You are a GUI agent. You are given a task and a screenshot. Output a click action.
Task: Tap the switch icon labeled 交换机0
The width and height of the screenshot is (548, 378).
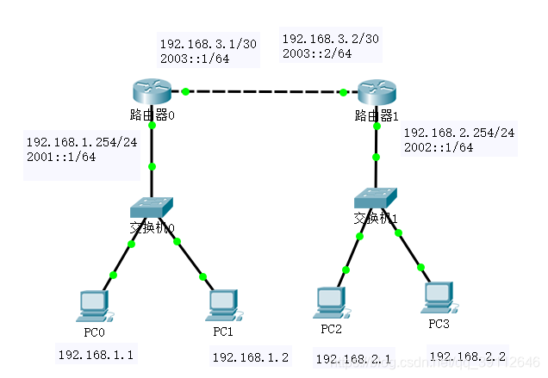coord(152,207)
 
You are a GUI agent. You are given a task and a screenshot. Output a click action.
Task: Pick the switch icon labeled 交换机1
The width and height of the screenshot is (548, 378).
coord(376,196)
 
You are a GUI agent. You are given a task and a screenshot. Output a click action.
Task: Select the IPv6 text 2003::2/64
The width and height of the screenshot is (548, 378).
coord(317,53)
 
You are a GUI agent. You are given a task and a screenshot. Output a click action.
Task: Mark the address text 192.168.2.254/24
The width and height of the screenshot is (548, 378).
coord(458,133)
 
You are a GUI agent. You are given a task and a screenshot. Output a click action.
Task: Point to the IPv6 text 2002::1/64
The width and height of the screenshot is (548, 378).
coord(439,147)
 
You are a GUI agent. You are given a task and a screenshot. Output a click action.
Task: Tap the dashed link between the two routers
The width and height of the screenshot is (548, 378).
coord(264,90)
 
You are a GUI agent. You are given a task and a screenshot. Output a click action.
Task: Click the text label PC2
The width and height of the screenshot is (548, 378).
coord(331,328)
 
